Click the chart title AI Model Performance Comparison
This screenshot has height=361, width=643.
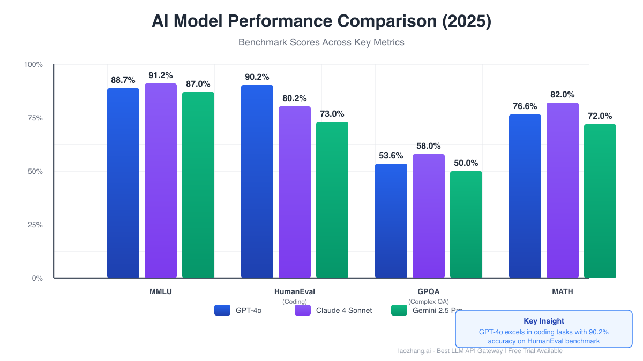322,21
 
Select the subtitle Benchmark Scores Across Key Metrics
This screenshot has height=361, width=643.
322,42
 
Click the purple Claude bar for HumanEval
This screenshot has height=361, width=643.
295,192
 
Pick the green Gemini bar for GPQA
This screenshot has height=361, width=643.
466,225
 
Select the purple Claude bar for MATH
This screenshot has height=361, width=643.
563,190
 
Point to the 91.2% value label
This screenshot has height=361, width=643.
161,75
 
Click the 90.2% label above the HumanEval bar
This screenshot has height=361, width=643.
257,77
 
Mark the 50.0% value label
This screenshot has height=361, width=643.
466,163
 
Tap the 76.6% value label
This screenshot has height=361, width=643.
525,106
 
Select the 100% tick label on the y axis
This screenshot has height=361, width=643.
33,65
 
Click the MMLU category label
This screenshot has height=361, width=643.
161,292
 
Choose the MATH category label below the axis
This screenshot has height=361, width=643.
563,292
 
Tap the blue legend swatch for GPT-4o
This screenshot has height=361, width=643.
222,310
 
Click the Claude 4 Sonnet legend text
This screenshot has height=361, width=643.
344,310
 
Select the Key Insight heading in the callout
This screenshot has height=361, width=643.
544,321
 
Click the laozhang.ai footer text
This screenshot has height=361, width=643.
480,351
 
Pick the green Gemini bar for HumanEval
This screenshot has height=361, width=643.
332,200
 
